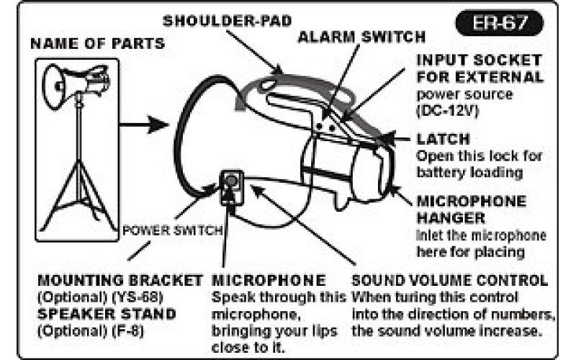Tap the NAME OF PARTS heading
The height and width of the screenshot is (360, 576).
pos(97,44)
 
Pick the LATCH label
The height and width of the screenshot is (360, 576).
pos(443,139)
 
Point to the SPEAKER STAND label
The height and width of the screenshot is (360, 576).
pos(106,315)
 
